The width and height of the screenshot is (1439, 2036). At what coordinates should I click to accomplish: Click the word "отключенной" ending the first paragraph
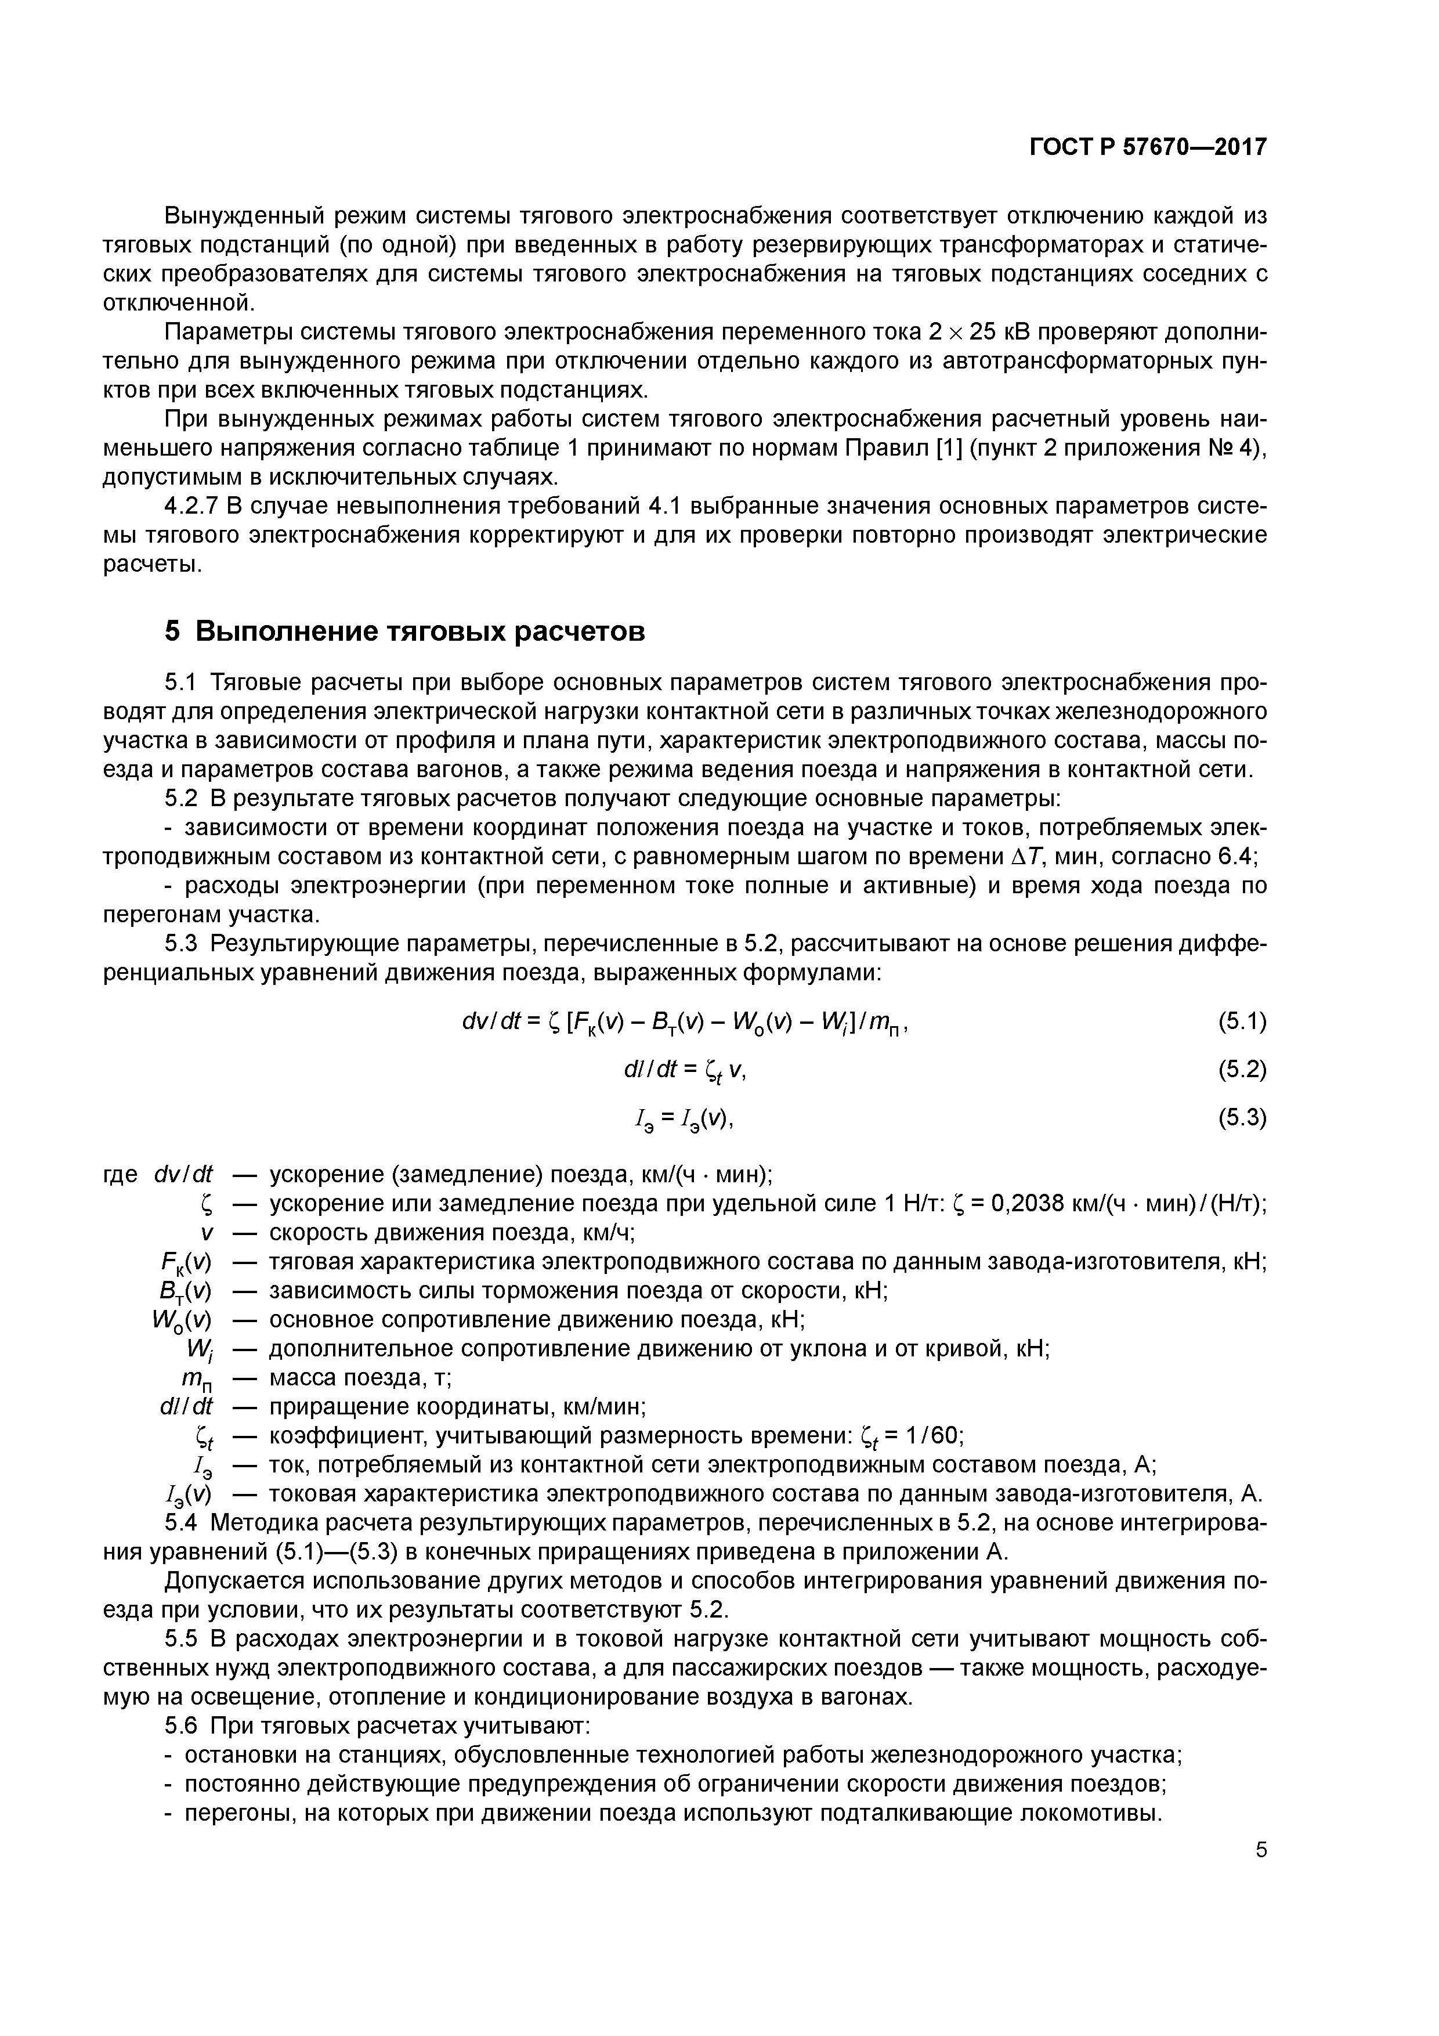[178, 304]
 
